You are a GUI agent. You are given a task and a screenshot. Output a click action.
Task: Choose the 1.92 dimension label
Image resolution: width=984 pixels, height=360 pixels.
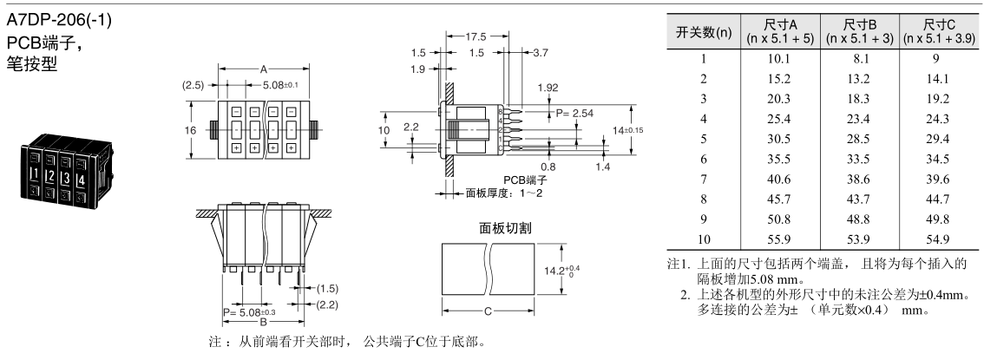pos(548,88)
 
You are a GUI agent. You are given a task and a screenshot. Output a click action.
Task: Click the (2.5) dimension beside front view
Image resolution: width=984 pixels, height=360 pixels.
pos(194,85)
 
